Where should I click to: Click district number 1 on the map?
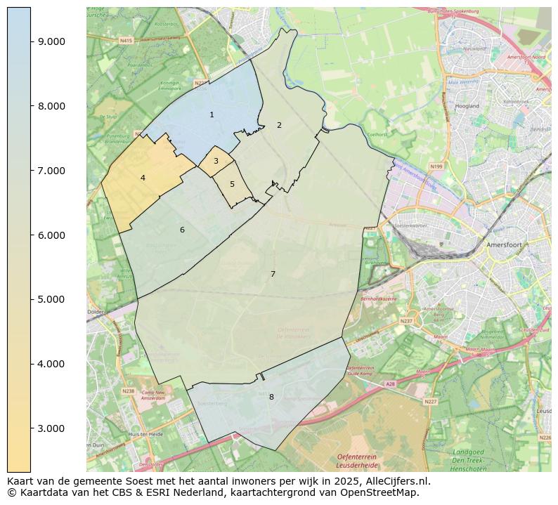click(x=212, y=114)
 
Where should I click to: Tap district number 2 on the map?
click(x=279, y=125)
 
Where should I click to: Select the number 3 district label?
click(x=216, y=161)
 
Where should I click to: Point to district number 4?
click(x=143, y=178)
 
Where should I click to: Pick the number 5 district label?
click(x=232, y=184)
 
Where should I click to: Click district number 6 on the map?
click(x=182, y=230)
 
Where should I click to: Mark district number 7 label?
click(x=273, y=274)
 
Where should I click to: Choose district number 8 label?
click(x=271, y=397)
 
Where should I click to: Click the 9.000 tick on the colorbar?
click(x=51, y=41)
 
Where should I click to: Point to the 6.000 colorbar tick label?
click(x=51, y=235)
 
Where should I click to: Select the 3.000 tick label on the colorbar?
click(x=51, y=428)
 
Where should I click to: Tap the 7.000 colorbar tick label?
click(x=51, y=171)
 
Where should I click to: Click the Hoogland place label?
click(x=467, y=106)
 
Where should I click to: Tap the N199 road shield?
click(x=436, y=166)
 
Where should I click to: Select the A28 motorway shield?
click(x=390, y=384)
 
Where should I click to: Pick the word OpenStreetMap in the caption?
click(x=384, y=492)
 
